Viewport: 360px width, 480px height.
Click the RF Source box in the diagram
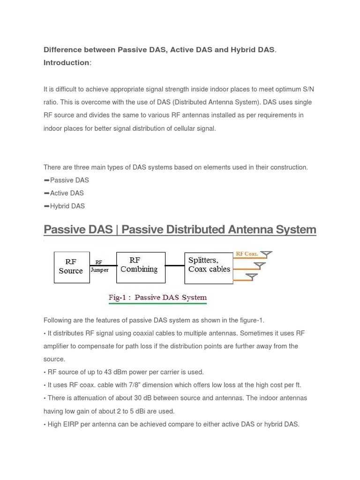pyautogui.click(x=71, y=267)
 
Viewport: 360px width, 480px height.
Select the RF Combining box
pyautogui.click(x=141, y=267)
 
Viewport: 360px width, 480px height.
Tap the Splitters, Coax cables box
pyautogui.click(x=209, y=268)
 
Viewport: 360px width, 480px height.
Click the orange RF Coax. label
pyautogui.click(x=247, y=254)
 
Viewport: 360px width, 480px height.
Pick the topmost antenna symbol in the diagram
pyautogui.click(x=266, y=255)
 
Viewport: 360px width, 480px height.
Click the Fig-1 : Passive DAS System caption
pyautogui.click(x=157, y=297)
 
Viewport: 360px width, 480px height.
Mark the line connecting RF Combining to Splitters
pyautogui.click(x=175, y=266)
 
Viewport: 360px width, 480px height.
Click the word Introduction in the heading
pyautogui.click(x=66, y=63)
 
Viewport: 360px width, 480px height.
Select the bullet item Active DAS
pyautogui.click(x=67, y=193)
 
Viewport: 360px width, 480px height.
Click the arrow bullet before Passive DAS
pyautogui.click(x=46, y=180)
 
